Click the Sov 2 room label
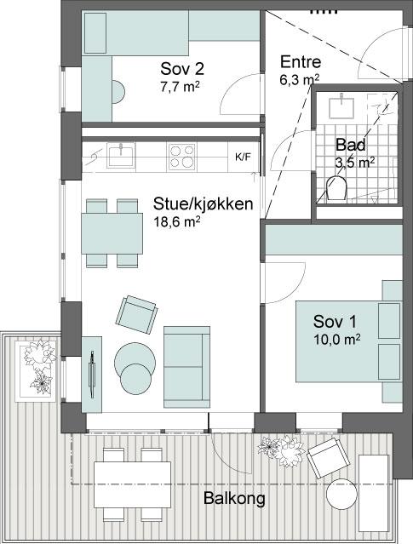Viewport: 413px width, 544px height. (182, 69)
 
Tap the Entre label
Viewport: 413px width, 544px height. (301, 62)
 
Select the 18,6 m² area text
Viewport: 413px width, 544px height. (177, 221)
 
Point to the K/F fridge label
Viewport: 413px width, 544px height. (243, 157)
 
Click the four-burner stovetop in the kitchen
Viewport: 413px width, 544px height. (182, 157)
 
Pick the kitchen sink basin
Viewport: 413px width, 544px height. (121, 155)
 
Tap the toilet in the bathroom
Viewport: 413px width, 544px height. (336, 189)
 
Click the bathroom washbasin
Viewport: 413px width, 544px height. (341, 106)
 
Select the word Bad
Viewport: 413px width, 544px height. (351, 145)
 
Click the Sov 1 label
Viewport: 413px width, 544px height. (335, 322)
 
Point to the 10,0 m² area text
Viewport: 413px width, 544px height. (336, 340)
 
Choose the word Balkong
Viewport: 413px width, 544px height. (234, 499)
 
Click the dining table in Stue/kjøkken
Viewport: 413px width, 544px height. (112, 233)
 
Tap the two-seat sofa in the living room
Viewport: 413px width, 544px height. (186, 367)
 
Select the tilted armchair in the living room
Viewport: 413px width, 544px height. (136, 315)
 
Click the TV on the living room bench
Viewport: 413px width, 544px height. (92, 374)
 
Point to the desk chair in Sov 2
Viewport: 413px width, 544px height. (118, 92)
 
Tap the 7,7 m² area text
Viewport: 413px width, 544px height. (180, 86)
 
